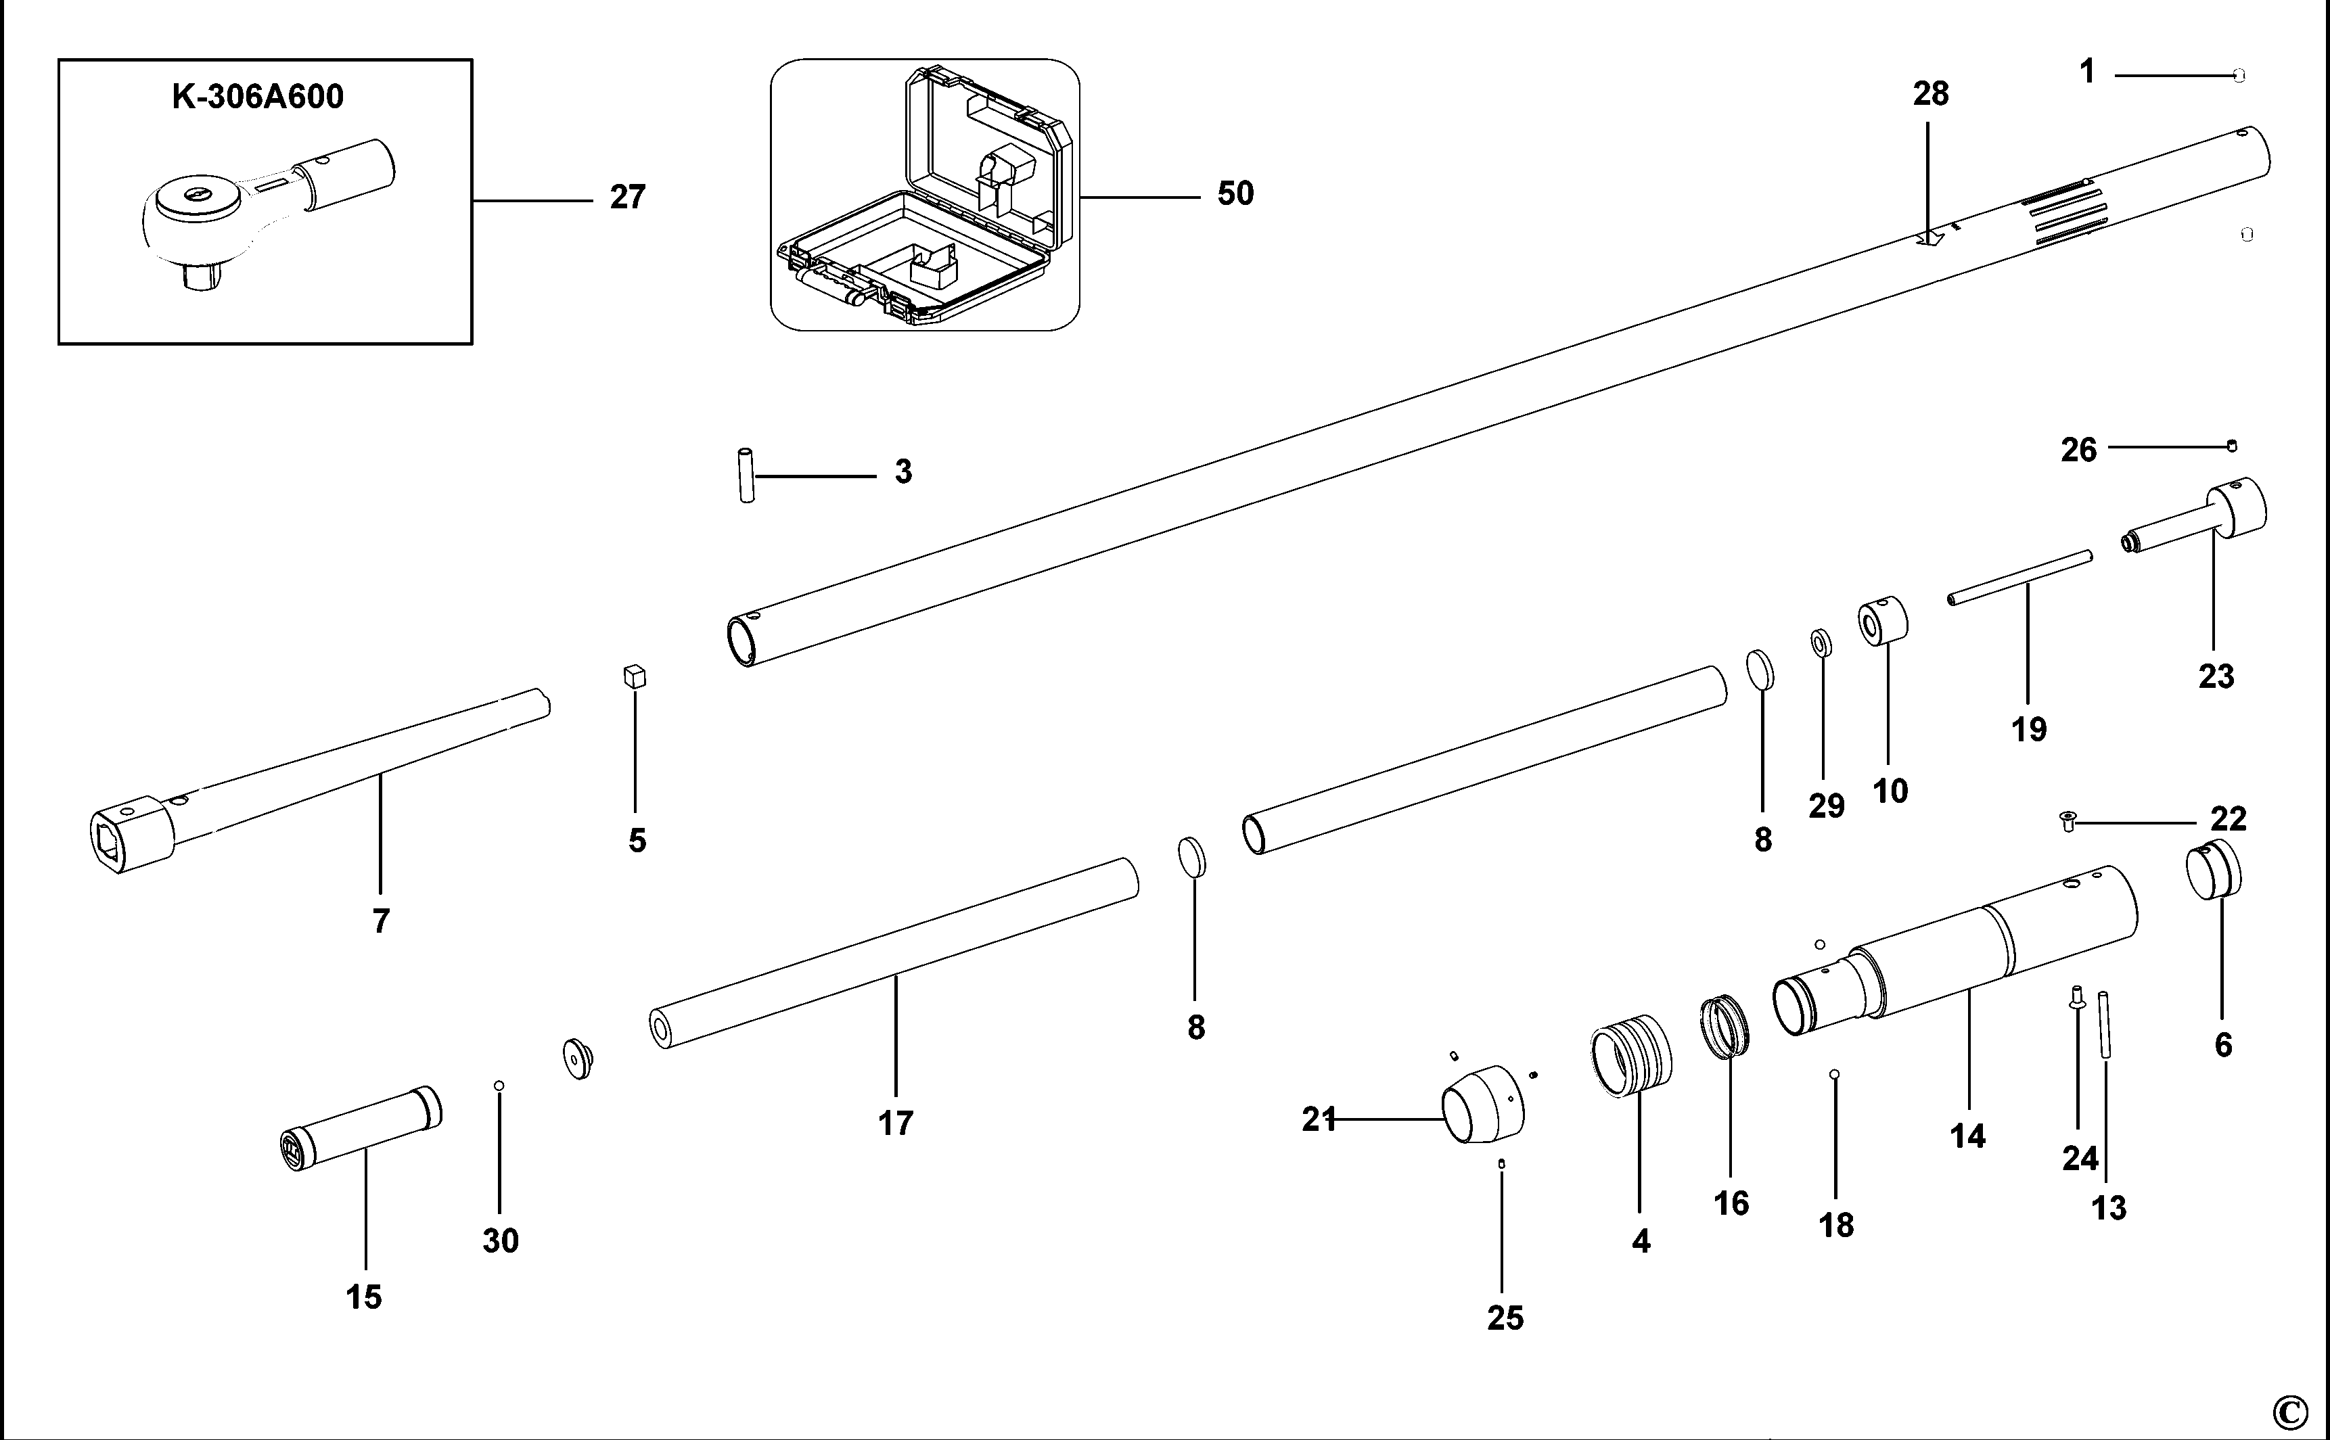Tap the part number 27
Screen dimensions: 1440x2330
628,197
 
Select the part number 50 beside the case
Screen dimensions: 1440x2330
1235,193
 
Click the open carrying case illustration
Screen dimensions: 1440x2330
924,195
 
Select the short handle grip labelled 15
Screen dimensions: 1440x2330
364,1129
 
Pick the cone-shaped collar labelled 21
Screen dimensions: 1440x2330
1481,1105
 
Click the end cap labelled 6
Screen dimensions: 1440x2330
2212,870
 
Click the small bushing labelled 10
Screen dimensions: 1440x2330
1881,621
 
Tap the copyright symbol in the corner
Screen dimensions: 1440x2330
2290,1410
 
